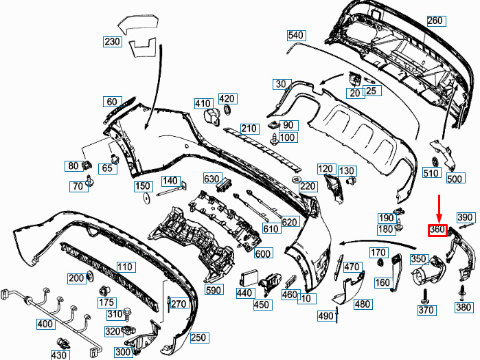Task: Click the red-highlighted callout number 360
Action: point(437,230)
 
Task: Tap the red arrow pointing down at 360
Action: point(439,208)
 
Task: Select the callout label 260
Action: point(435,21)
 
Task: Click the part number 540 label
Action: point(296,36)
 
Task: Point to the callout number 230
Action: point(113,42)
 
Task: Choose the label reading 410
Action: point(203,104)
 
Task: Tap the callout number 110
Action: point(125,267)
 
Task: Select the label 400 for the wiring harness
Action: point(45,324)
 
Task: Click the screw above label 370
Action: point(425,295)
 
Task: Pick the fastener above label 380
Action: point(462,293)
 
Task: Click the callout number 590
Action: point(214,289)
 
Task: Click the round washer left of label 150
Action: point(146,199)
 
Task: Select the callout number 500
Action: point(455,179)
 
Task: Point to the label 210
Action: point(249,128)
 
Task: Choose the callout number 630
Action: point(212,179)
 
